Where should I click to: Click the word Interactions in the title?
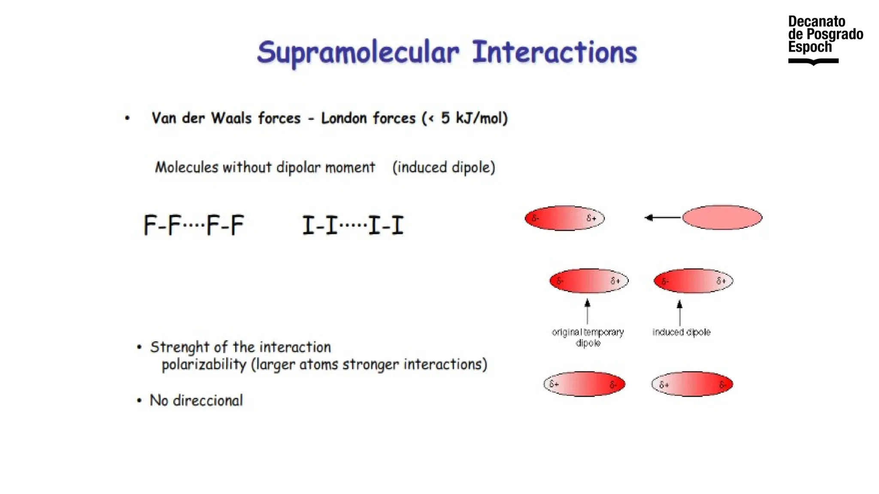coord(554,52)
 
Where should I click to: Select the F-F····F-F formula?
coord(194,225)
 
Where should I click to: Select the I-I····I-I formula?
coord(353,225)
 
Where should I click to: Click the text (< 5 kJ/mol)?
coord(465,118)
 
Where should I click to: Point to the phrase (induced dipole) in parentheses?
coord(443,167)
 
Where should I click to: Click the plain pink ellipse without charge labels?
coord(722,217)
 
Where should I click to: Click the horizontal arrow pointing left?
coord(663,218)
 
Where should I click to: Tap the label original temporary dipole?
coord(588,337)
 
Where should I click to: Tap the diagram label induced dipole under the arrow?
coord(681,332)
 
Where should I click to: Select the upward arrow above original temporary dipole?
coord(587,311)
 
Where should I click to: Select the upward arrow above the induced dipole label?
coord(679,312)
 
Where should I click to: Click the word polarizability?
coord(204,364)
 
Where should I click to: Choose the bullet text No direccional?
coord(196,401)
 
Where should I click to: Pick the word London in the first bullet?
coord(344,118)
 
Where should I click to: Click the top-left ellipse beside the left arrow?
coord(564,218)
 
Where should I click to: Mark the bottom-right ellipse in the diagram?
coord(692,384)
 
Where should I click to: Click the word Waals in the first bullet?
coord(231,118)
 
